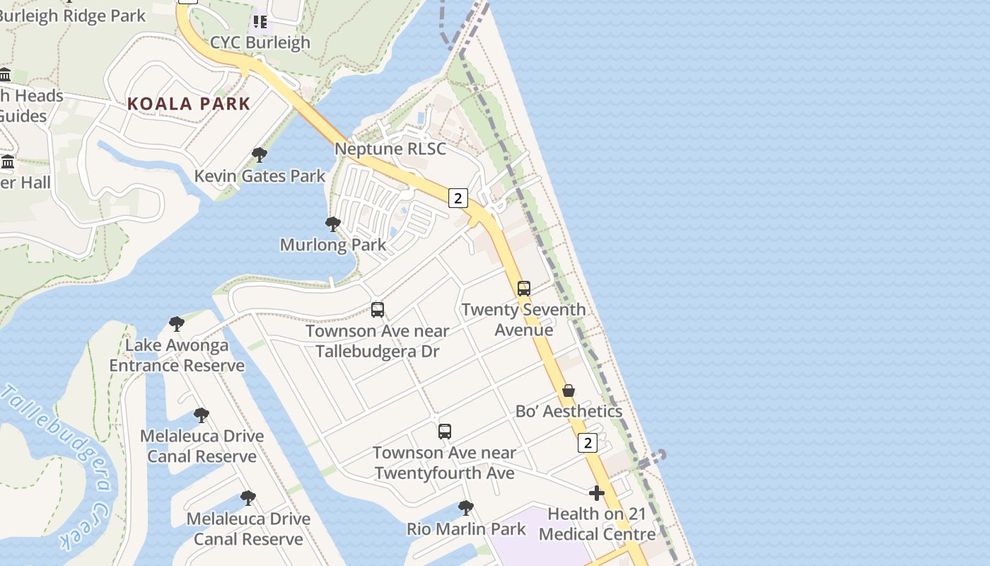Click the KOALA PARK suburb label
[189, 104]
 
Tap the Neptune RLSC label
[390, 149]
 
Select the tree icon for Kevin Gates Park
[260, 155]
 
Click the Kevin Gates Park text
[260, 176]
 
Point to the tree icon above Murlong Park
[332, 224]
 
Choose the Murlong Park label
[333, 245]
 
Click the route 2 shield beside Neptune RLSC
[458, 198]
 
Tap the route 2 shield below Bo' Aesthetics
[587, 443]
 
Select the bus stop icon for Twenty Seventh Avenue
[523, 288]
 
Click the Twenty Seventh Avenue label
[523, 320]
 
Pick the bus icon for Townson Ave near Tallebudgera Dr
[378, 309]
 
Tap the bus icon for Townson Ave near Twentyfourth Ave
[444, 431]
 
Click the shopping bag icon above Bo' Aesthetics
[568, 391]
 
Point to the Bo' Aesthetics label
[569, 411]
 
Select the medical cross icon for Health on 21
[597, 493]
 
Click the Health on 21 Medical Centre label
[597, 524]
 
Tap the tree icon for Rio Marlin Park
[465, 507]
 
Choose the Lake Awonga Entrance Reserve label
[177, 355]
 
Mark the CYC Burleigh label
[260, 42]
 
